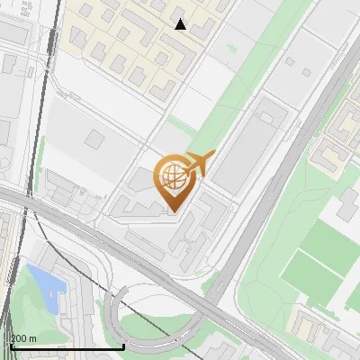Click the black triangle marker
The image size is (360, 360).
tap(181, 24)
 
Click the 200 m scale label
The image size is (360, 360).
tap(23, 338)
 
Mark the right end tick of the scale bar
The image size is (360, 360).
tap(123, 346)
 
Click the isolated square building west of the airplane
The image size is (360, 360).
tap(95, 139)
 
